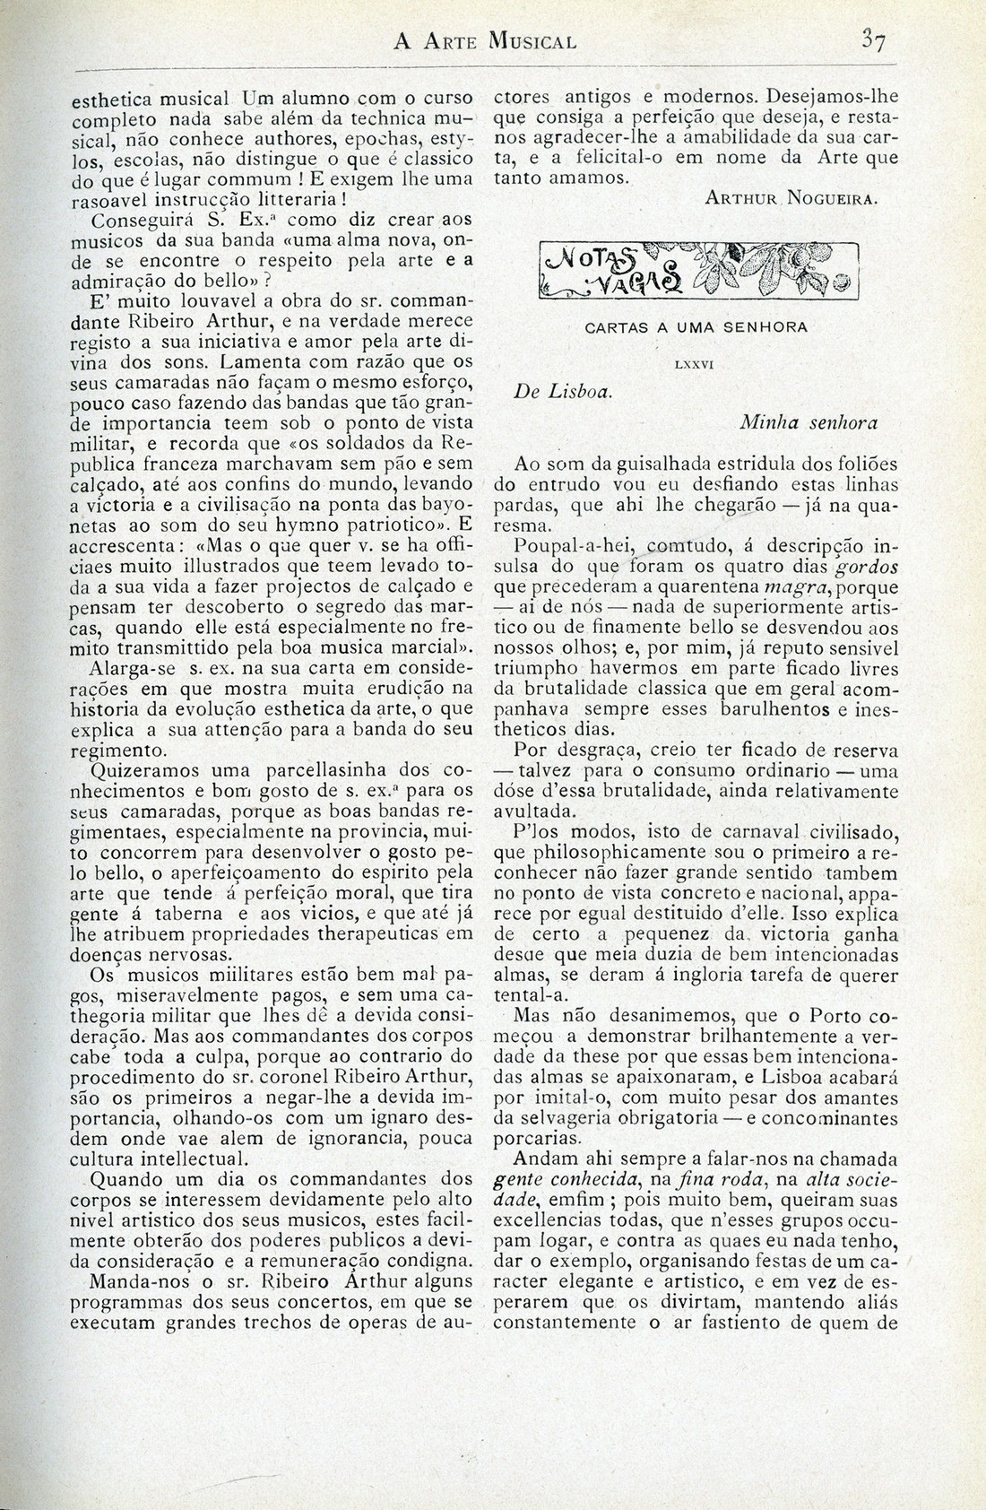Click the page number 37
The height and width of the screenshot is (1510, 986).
[x=872, y=40]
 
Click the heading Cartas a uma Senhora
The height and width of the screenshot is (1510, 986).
[x=696, y=328]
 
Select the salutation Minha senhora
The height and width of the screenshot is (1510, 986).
[x=809, y=422]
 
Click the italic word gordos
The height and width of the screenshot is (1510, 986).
[x=868, y=568]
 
